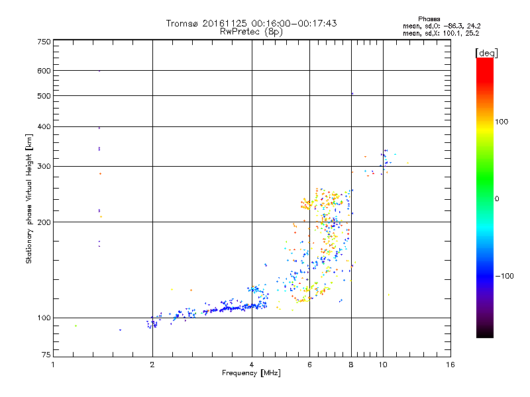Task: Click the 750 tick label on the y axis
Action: pos(44,42)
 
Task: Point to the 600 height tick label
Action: pos(44,71)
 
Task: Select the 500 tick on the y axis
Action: pos(44,96)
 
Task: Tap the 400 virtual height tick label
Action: pos(44,127)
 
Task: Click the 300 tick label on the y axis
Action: pos(44,167)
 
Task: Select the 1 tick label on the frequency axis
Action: pos(53,365)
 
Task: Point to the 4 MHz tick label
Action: pos(252,365)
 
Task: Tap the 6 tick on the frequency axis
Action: pos(309,365)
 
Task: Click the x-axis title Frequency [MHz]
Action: pos(251,374)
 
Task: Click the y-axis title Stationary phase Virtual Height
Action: pos(29,198)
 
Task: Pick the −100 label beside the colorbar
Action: pos(503,276)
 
